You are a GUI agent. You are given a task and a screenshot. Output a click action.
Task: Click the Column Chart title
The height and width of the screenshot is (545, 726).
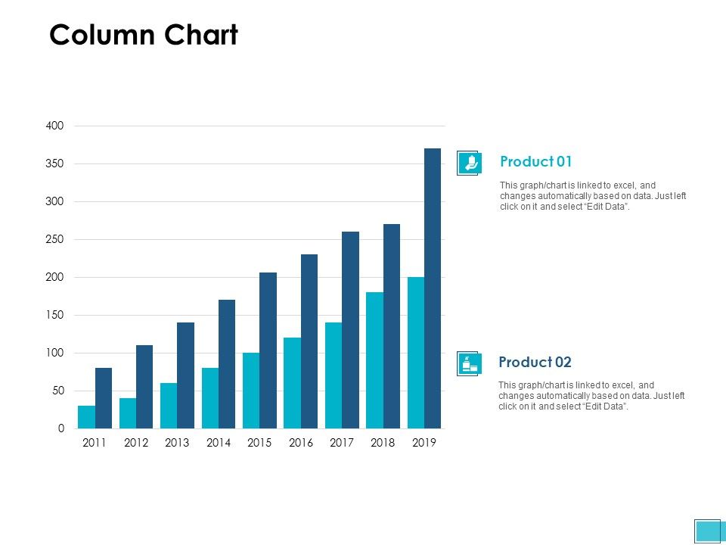(144, 35)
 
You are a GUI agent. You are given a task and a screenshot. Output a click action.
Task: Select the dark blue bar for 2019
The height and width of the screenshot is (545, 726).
(433, 288)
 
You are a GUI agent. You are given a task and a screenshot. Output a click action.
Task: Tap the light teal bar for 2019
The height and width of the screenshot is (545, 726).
(416, 353)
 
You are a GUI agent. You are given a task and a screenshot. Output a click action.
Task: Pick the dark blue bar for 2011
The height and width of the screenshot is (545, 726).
(104, 398)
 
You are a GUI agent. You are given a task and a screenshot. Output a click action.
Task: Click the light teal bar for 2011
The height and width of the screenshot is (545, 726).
(87, 417)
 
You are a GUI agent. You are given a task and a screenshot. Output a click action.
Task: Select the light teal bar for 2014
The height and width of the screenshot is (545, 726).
(210, 398)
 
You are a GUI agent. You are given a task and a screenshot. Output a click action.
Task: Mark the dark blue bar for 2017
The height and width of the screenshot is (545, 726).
(350, 330)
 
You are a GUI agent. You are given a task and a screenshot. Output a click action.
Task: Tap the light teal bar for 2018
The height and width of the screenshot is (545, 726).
(374, 360)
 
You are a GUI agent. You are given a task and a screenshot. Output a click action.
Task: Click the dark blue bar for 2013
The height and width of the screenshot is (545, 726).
(185, 375)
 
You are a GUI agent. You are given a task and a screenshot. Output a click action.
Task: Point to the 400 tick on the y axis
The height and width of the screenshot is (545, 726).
(54, 126)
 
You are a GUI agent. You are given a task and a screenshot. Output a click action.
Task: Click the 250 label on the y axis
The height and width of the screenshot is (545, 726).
(54, 239)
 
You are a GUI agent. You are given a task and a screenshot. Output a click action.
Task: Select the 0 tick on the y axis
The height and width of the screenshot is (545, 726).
(60, 428)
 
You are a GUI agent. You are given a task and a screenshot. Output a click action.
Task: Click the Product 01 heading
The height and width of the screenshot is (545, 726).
(536, 161)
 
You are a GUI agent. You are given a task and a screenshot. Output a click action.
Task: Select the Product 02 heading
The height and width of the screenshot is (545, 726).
(535, 362)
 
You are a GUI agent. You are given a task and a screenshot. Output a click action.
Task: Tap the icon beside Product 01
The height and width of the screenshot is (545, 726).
(469, 163)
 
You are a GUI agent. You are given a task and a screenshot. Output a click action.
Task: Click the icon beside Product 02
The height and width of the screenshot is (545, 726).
(469, 364)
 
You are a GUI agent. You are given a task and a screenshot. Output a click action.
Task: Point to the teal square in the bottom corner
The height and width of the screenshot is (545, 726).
(708, 531)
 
